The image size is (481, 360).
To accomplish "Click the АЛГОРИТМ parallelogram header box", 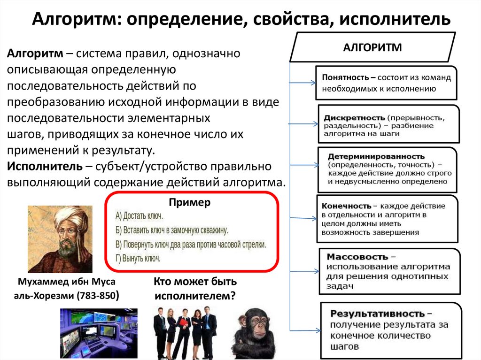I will coord(372,47).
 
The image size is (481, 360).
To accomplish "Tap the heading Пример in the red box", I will coord(190,202).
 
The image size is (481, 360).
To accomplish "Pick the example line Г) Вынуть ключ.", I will coord(138,258).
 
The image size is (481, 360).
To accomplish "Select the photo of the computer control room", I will coord(99,334).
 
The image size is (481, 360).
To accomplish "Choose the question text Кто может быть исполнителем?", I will coord(195,289).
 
